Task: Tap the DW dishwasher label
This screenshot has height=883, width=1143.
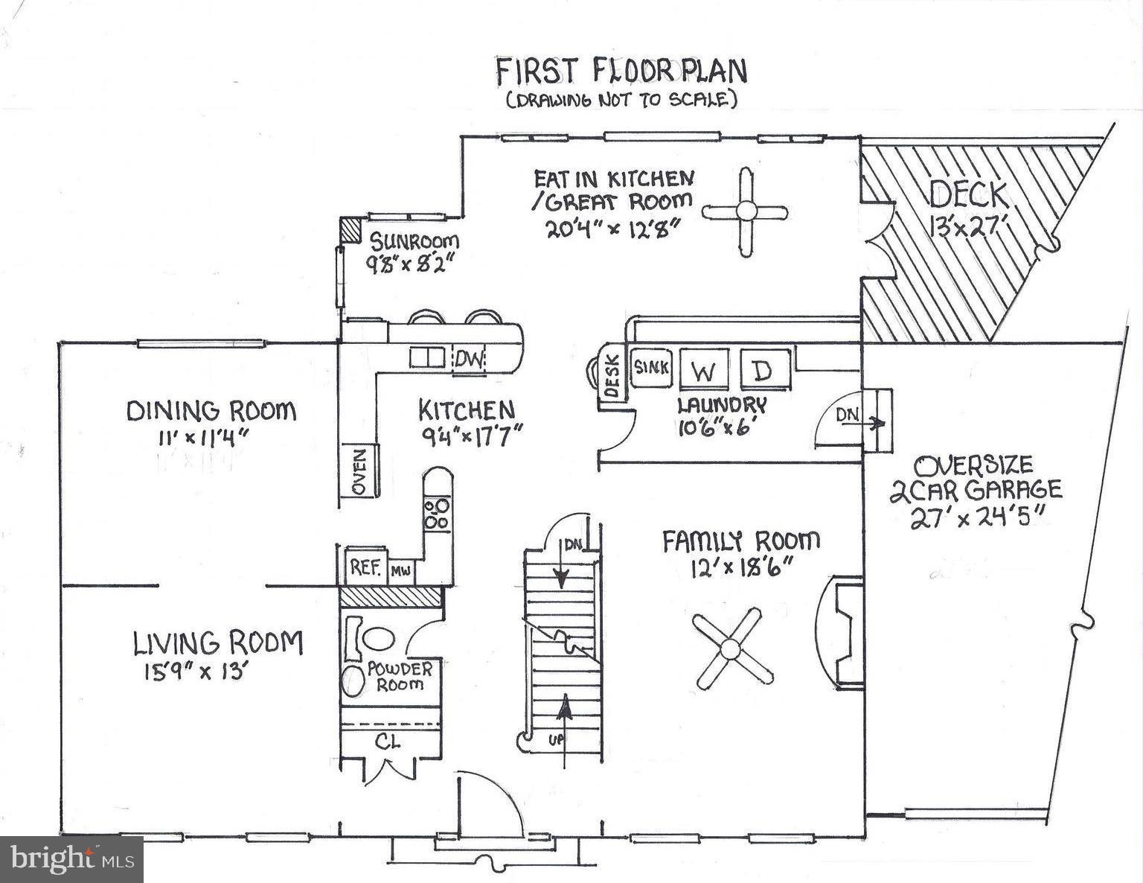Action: [x=469, y=360]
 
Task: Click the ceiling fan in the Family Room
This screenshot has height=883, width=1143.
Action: [x=733, y=648]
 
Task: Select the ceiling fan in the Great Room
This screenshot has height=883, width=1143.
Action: [x=745, y=212]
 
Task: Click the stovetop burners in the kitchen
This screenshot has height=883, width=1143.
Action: [x=437, y=514]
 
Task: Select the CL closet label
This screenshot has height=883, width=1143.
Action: [x=388, y=742]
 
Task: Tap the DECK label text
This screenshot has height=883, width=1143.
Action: [x=968, y=195]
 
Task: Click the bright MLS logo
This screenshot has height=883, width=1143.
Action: [x=71, y=859]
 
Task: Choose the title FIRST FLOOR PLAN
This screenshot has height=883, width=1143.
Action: [x=621, y=71]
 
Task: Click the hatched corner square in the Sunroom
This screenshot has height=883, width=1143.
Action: [x=348, y=229]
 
